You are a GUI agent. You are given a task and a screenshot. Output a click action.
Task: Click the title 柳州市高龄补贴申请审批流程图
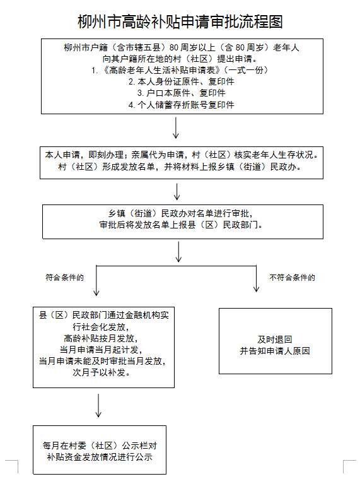click(180, 21)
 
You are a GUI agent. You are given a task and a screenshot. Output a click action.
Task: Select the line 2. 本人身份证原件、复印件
click(182, 81)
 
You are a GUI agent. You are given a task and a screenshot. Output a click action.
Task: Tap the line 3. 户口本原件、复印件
click(182, 93)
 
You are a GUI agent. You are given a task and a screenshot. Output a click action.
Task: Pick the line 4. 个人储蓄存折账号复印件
click(182, 105)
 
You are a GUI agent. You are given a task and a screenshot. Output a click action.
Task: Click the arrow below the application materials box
click(176, 128)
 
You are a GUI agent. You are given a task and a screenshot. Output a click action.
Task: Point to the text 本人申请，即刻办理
click(84, 155)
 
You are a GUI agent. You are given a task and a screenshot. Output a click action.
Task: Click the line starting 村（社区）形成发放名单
click(180, 167)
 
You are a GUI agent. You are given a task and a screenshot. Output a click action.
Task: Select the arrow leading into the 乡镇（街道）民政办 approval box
click(177, 192)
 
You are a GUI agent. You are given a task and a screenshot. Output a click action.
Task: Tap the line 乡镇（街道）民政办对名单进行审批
click(180, 213)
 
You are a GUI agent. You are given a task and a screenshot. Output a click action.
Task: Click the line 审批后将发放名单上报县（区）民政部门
click(181, 225)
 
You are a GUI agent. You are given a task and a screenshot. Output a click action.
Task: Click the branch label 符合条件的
click(64, 278)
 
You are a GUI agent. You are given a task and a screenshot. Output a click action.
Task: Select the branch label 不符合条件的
click(292, 278)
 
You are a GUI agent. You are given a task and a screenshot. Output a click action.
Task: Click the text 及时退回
click(275, 340)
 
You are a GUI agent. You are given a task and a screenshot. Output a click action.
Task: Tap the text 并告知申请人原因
click(275, 351)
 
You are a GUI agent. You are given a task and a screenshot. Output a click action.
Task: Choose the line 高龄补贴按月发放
click(101, 338)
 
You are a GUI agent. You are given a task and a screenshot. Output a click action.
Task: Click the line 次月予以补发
click(102, 372)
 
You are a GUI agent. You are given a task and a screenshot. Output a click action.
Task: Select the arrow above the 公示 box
click(98, 405)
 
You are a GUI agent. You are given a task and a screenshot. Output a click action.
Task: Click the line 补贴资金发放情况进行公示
click(100, 457)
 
